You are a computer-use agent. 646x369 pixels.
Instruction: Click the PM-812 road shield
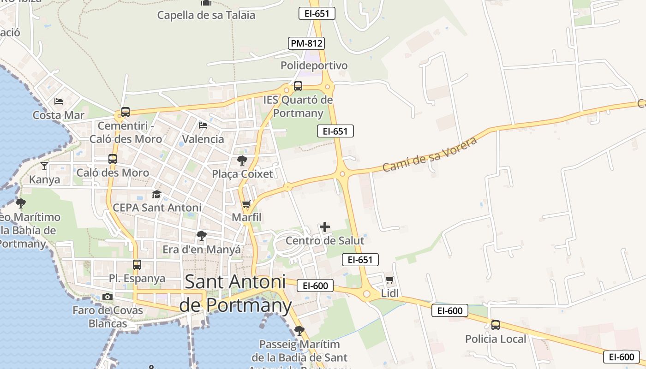pyautogui.click(x=306, y=43)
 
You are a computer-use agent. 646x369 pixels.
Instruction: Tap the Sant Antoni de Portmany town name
pyautogui.click(x=235, y=293)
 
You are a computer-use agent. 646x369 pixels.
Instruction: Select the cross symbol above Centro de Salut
pyautogui.click(x=325, y=227)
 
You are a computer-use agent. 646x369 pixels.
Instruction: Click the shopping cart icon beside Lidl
pyautogui.click(x=390, y=280)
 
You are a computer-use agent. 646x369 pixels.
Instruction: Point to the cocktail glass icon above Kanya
pyautogui.click(x=44, y=166)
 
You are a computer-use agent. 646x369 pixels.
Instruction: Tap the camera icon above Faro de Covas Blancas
pyautogui.click(x=108, y=297)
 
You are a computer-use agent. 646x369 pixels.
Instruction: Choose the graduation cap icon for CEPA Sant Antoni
pyautogui.click(x=157, y=194)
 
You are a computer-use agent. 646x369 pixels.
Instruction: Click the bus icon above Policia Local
pyautogui.click(x=496, y=325)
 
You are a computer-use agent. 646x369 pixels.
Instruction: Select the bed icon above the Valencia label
pyautogui.click(x=203, y=125)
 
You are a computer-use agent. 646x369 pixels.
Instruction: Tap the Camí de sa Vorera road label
pyautogui.click(x=430, y=154)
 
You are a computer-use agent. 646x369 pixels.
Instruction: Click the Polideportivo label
pyautogui.click(x=314, y=65)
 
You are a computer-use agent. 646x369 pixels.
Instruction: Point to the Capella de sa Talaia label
pyautogui.click(x=206, y=15)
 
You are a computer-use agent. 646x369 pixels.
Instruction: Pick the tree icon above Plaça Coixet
pyautogui.click(x=242, y=161)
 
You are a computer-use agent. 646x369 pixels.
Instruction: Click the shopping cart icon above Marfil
pyautogui.click(x=246, y=204)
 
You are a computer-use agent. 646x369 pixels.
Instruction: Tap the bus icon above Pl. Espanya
pyautogui.click(x=137, y=265)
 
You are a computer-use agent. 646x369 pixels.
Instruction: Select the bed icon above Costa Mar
pyautogui.click(x=59, y=101)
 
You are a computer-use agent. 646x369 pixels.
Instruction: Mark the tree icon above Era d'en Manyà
pyautogui.click(x=202, y=236)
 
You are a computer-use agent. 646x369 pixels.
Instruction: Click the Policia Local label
pyautogui.click(x=496, y=339)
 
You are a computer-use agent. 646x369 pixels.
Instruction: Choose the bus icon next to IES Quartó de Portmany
pyautogui.click(x=298, y=86)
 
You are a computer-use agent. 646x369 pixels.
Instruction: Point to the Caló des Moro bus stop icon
pyautogui.click(x=113, y=159)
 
